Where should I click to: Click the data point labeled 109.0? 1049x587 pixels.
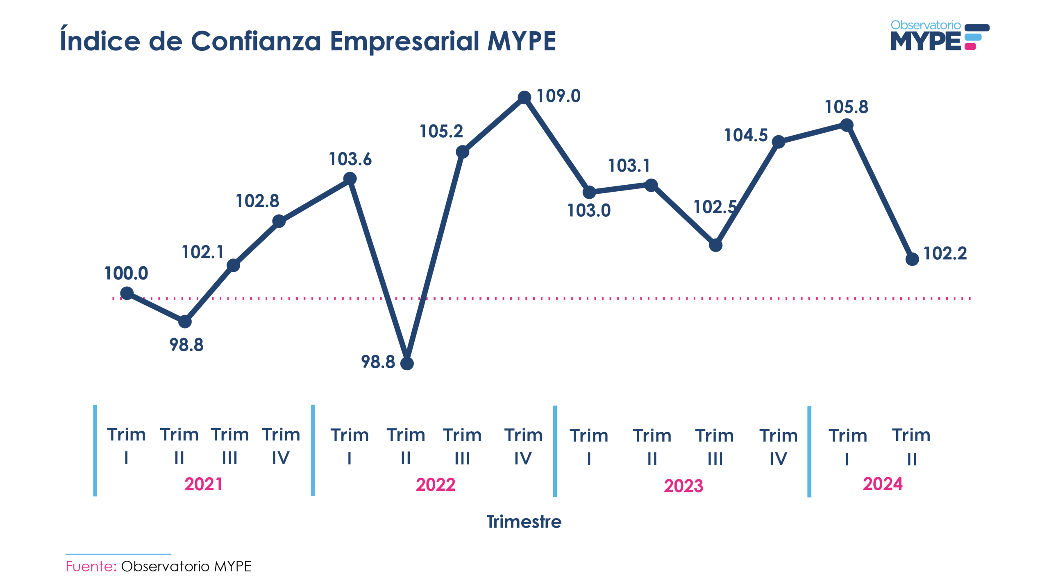524,97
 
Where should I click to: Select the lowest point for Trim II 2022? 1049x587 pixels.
406,363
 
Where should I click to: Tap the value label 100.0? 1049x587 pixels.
126,273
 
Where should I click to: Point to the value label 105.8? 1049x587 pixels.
846,107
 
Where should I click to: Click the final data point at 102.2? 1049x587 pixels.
912,259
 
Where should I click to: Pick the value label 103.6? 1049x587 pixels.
350,159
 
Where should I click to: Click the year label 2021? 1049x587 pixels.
203,484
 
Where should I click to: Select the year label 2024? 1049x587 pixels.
882,484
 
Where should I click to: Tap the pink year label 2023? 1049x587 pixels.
683,486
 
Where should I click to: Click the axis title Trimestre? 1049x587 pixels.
524,521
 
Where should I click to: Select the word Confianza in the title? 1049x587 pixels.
256,41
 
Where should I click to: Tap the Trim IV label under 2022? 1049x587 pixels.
523,446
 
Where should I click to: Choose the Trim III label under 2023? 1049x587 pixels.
714,446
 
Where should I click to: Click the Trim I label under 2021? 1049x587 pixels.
126,445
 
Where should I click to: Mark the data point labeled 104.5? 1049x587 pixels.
778,142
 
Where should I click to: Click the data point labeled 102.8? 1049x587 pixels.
279,221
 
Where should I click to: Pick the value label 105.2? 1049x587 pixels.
441,131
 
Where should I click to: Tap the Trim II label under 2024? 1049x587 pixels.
911,446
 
